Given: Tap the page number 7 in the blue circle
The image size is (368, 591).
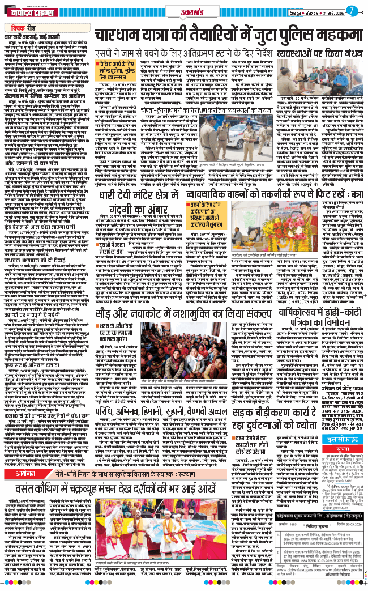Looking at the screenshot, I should (352, 11).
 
